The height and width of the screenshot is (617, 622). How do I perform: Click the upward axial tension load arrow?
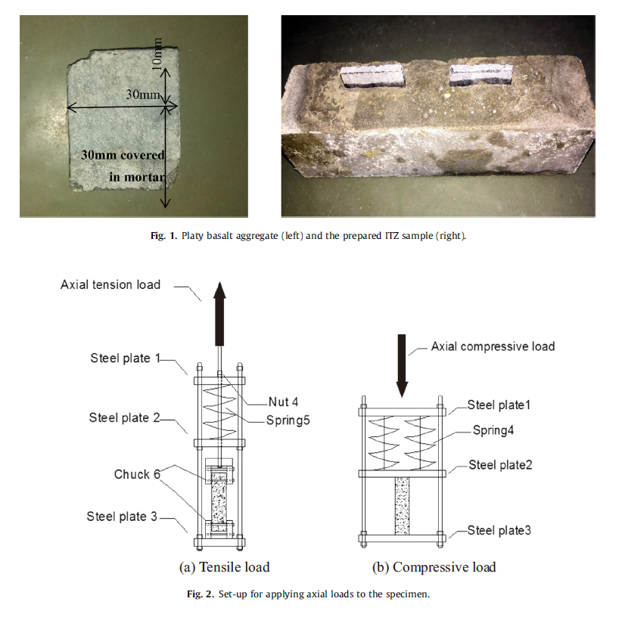[x=219, y=314]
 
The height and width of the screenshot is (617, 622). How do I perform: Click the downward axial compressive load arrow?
[x=402, y=365]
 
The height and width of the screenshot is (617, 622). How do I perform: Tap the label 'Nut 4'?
[x=283, y=402]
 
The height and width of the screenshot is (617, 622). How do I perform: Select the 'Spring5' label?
[x=288, y=420]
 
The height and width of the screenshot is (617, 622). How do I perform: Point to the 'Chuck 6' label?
[x=137, y=474]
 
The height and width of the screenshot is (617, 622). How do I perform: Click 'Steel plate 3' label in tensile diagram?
[x=122, y=516]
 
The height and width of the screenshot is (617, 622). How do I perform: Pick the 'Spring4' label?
[x=493, y=430]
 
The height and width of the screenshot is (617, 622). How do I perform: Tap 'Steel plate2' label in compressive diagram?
[x=500, y=465]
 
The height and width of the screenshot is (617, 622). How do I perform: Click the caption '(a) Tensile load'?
[x=225, y=567]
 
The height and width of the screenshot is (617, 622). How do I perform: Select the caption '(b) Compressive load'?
[x=434, y=567]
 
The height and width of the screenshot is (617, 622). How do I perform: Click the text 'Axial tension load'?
[x=110, y=284]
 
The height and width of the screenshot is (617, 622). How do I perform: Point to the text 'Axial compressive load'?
[x=493, y=346]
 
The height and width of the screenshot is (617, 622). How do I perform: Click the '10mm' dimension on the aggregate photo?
[x=157, y=54]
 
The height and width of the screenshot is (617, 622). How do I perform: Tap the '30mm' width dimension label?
[x=143, y=95]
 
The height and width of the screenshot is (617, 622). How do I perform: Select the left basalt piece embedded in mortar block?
[x=372, y=76]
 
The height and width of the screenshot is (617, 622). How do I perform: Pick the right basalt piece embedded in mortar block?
[x=480, y=75]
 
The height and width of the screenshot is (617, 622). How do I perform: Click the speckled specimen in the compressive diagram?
[x=402, y=506]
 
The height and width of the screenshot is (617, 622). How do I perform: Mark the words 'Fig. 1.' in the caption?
[x=164, y=236]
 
